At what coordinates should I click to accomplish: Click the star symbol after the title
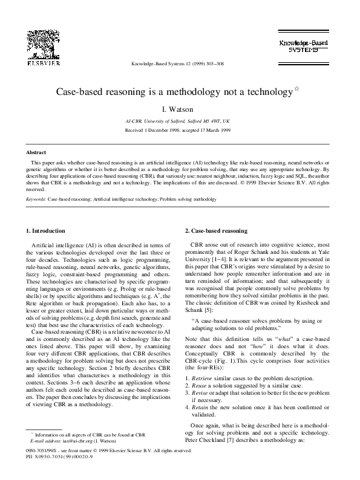click(x=296, y=89)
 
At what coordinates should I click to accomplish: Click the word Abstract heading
click(x=36, y=153)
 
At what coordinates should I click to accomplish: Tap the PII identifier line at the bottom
click(x=60, y=457)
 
